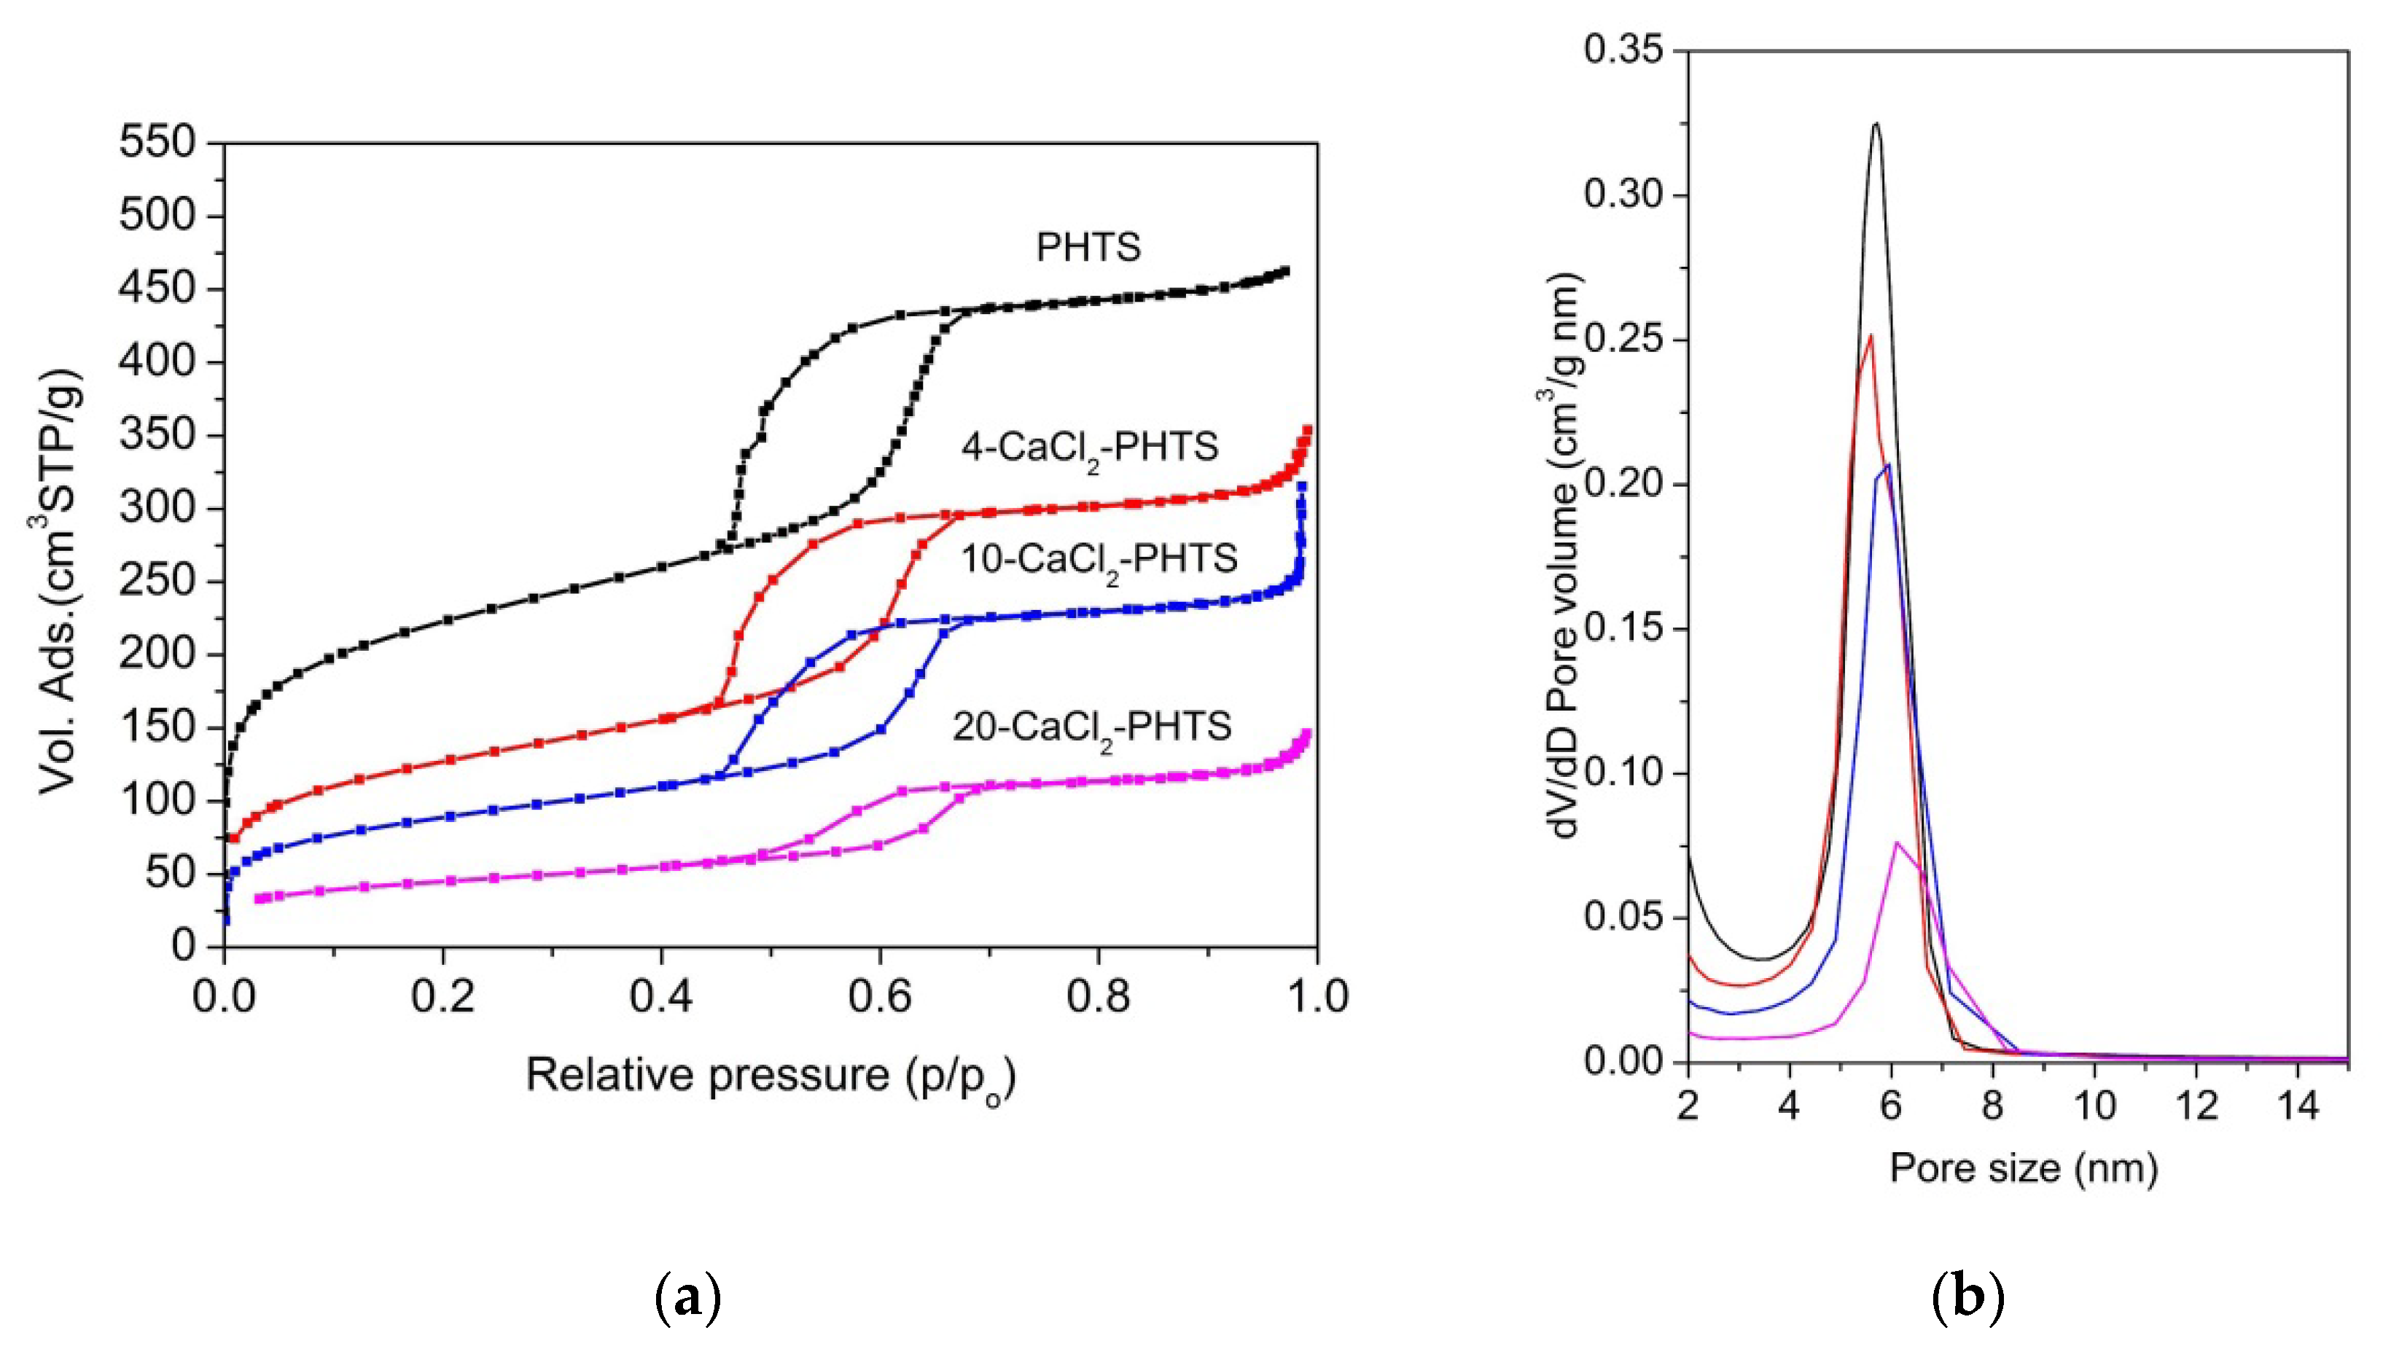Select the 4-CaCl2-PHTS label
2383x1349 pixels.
click(x=1090, y=448)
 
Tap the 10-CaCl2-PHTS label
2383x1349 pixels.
click(x=1099, y=560)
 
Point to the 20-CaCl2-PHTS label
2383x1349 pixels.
click(x=1093, y=727)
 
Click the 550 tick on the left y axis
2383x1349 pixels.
click(x=157, y=143)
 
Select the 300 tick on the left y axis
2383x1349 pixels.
click(x=157, y=509)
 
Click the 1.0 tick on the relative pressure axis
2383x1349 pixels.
click(x=1316, y=997)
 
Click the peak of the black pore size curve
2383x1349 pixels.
click(x=1876, y=149)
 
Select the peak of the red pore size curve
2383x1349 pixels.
click(x=1871, y=335)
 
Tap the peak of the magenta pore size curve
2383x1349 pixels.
click(x=1897, y=842)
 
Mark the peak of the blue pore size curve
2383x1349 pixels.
click(x=1887, y=465)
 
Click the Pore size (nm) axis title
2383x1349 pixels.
click(x=2024, y=1168)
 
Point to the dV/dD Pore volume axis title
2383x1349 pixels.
click(x=1564, y=556)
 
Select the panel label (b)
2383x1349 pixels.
click(x=1967, y=1299)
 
